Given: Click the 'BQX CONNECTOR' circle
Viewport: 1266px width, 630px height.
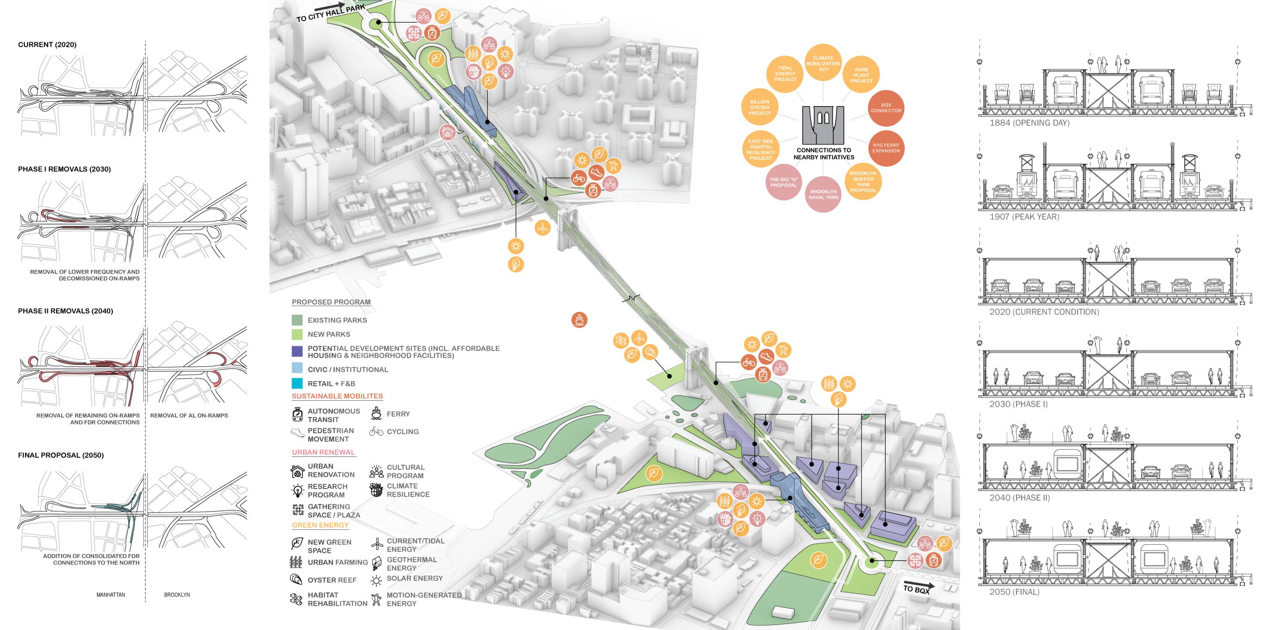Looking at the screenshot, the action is click(886, 108).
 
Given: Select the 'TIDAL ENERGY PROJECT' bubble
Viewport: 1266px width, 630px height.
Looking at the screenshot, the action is click(785, 74).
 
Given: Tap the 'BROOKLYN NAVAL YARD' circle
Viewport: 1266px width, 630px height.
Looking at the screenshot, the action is click(823, 194).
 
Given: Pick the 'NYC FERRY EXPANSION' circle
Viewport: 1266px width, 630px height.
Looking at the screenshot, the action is click(886, 147).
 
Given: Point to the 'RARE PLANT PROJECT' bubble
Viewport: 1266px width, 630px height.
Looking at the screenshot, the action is click(861, 75).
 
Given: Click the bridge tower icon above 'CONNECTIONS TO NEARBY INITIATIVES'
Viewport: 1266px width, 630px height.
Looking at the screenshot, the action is click(823, 125).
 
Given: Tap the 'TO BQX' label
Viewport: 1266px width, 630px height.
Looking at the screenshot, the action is click(917, 589).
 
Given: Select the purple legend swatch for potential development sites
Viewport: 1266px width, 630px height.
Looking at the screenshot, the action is click(297, 351).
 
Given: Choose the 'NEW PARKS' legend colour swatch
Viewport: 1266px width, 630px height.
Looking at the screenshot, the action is click(297, 334).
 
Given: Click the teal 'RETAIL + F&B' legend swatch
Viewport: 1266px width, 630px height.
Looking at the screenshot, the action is click(297, 383).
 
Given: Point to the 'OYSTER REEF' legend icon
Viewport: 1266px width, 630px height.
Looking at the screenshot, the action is click(296, 579).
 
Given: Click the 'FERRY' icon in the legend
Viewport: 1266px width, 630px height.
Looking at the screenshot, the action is click(376, 413).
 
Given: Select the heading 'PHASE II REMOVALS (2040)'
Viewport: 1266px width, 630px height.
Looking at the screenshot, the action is click(65, 311).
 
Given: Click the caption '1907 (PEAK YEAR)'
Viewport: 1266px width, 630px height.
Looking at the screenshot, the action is click(1024, 216).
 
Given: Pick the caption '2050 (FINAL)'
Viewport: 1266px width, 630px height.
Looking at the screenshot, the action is click(1014, 592).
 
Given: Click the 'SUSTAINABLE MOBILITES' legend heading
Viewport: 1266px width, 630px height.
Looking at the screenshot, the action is click(337, 396).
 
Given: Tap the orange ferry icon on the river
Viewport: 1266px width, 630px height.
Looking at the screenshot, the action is click(579, 320).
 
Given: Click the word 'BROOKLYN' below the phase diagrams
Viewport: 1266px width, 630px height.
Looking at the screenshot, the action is click(177, 595).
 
